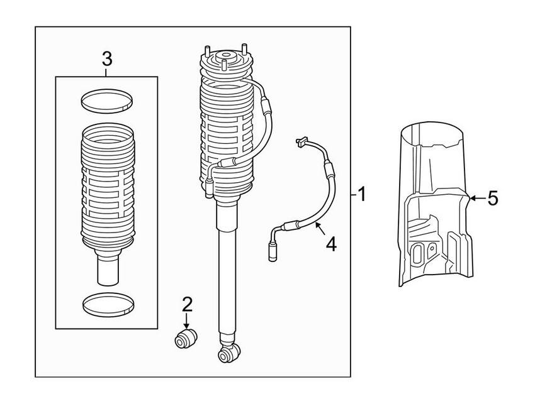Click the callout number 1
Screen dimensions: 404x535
361,194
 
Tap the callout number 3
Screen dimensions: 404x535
106,60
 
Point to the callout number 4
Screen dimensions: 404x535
330,243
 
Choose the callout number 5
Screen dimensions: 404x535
493,199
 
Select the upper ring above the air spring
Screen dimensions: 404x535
107,100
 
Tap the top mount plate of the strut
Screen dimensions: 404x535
225,63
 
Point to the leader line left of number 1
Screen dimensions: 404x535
351,194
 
